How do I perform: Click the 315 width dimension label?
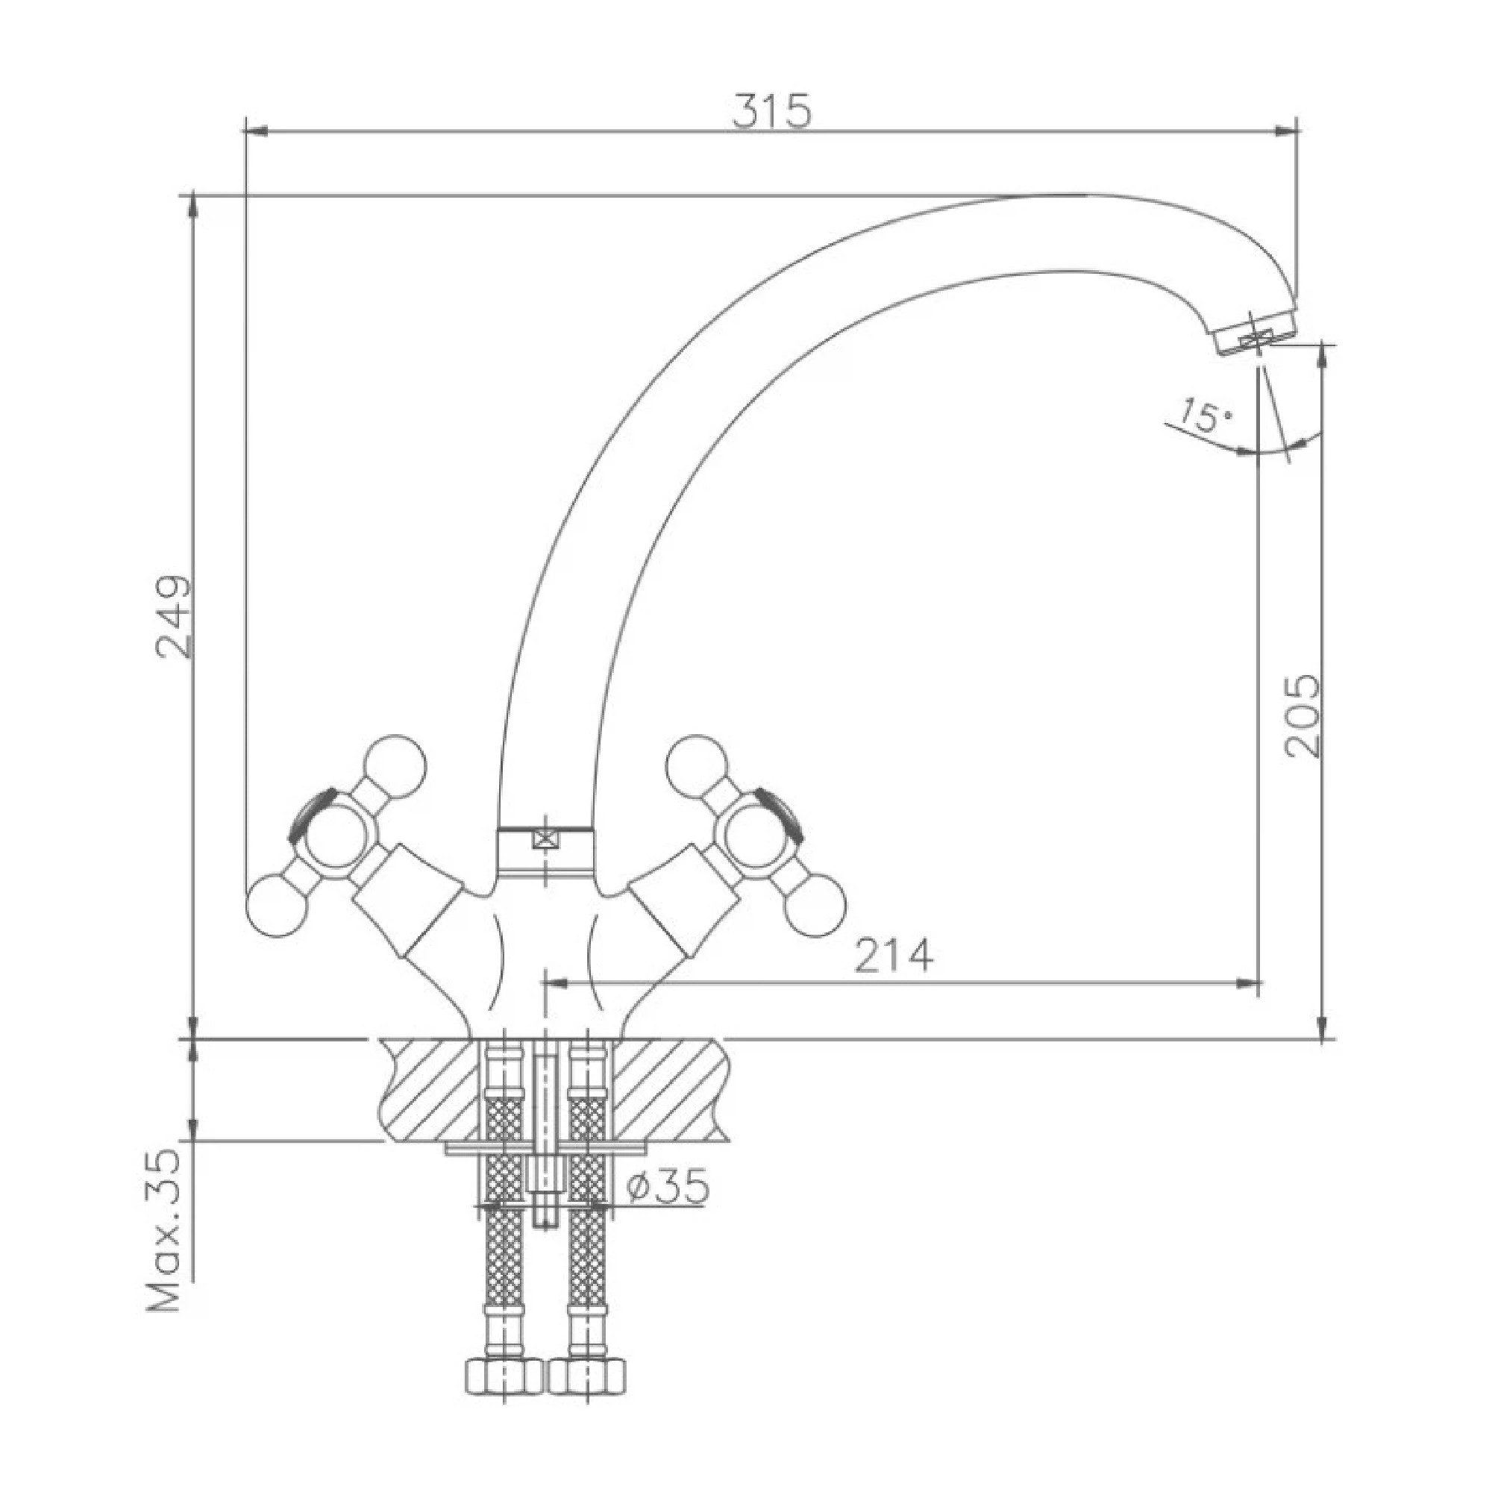coord(771,111)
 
